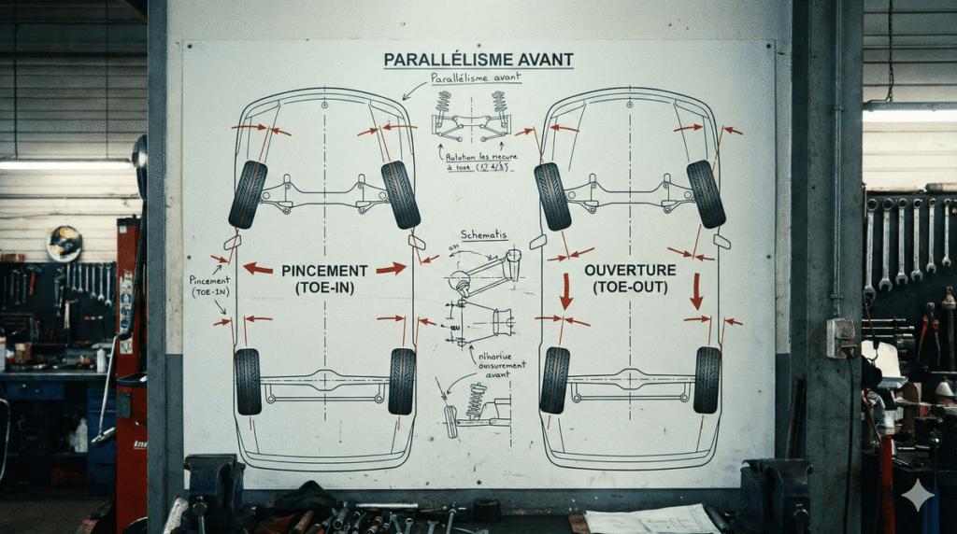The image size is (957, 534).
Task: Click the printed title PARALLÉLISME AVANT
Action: [478, 61]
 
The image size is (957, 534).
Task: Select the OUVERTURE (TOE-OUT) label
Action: [629, 278]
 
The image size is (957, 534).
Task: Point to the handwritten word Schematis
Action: [484, 235]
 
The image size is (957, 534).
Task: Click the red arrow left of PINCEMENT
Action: [258, 269]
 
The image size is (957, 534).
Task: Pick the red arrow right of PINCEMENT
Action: [392, 269]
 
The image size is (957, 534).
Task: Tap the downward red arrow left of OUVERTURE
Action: [566, 291]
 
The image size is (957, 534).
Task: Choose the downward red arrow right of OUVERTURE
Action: [695, 291]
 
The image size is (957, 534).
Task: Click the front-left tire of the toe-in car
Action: [248, 194]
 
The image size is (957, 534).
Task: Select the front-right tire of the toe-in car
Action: [401, 194]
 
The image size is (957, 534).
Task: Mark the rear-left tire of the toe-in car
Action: [248, 381]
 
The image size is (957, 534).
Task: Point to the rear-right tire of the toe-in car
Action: [402, 381]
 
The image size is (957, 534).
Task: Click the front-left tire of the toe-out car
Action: [552, 196]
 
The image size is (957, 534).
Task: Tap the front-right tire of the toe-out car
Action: [706, 193]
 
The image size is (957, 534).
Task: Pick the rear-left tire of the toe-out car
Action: [554, 380]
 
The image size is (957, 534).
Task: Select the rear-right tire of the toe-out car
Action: [707, 380]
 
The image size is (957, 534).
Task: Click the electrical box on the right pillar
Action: [841, 337]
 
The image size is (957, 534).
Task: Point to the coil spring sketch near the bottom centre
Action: [476, 400]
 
